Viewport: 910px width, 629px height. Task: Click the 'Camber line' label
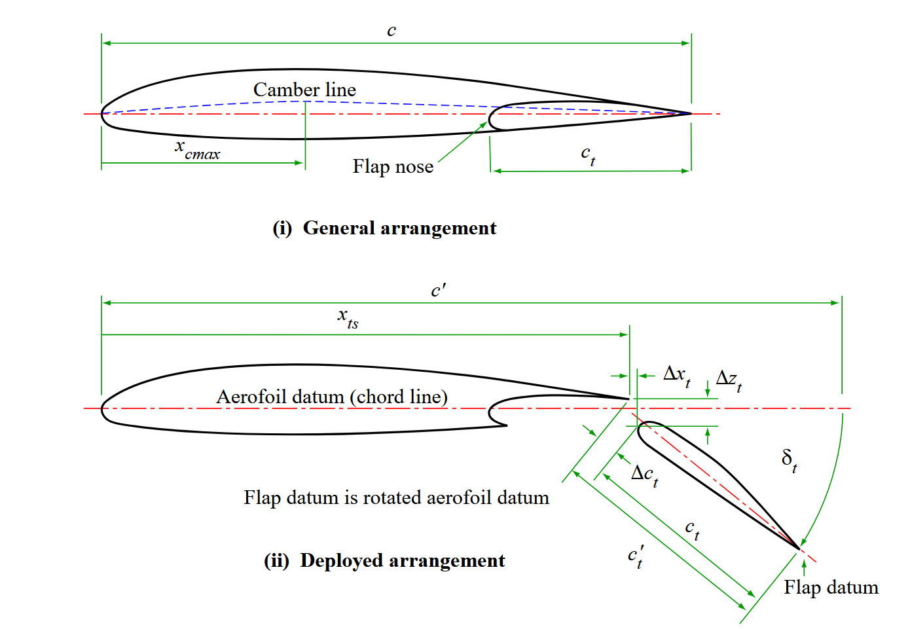tap(304, 90)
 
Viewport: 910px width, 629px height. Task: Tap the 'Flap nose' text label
tap(393, 167)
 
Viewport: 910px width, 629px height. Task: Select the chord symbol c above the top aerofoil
tap(391, 31)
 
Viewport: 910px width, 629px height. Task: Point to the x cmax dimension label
tap(197, 150)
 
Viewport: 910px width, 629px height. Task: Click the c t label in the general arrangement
tap(588, 155)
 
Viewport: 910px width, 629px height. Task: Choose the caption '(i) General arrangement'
tap(384, 228)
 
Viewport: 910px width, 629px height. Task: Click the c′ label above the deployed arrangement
tap(438, 291)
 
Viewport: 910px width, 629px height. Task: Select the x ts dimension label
tap(348, 318)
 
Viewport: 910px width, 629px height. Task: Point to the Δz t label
tap(729, 380)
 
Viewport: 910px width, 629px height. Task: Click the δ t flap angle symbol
tap(790, 459)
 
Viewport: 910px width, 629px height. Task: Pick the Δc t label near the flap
tap(645, 475)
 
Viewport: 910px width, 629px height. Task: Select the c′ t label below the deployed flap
tap(636, 556)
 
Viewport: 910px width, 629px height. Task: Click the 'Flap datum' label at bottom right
tap(831, 587)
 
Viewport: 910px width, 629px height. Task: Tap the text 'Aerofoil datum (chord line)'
tap(332, 397)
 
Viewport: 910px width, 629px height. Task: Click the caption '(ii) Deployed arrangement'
tap(384, 561)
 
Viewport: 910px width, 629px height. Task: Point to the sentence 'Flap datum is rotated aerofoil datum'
tap(396, 497)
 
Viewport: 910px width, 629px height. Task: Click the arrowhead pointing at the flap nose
tap(484, 124)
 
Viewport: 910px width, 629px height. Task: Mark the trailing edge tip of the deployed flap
tap(799, 548)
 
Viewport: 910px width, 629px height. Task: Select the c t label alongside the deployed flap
tap(692, 529)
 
